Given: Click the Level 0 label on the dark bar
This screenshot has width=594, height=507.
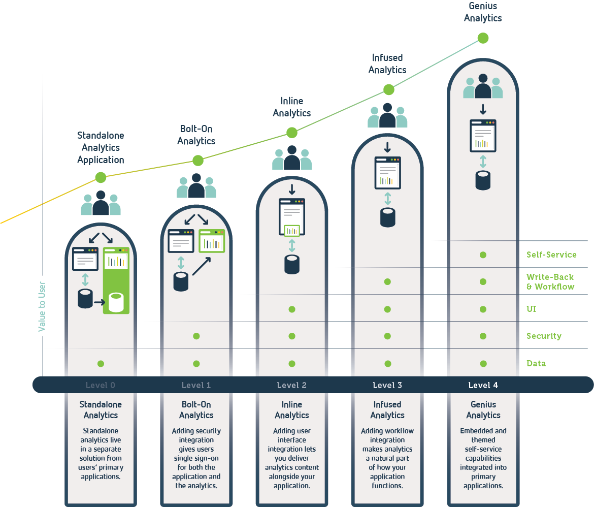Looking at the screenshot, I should tap(100, 385).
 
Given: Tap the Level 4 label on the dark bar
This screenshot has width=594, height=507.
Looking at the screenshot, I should tap(483, 385).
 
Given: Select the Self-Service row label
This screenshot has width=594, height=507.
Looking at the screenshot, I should tap(551, 255).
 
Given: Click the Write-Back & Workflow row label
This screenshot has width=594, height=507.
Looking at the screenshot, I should tap(550, 281).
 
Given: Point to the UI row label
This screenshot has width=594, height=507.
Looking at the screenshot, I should tap(532, 309).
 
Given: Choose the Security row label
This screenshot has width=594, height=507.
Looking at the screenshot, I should tap(544, 336).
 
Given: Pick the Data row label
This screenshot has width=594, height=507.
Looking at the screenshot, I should tap(536, 363).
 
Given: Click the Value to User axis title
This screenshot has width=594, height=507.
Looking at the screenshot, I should tap(42, 307).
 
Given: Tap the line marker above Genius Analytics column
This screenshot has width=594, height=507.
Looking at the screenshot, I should tap(483, 38).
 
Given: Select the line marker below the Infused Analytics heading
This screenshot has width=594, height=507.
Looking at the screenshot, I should tap(388, 90).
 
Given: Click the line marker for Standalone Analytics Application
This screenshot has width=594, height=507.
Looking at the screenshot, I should tap(101, 177).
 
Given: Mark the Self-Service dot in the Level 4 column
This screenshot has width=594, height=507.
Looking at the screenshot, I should tap(483, 255).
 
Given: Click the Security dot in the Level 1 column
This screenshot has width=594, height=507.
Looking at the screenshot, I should tap(196, 336).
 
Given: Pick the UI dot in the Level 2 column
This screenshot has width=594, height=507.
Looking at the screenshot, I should tap(292, 309).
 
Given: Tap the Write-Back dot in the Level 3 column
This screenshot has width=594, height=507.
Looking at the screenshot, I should tap(387, 281).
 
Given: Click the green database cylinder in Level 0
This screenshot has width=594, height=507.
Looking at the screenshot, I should tap(116, 302).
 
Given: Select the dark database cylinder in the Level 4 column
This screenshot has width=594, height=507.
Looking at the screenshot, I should tap(483, 180).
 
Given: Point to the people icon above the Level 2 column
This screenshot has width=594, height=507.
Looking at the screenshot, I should tap(292, 158).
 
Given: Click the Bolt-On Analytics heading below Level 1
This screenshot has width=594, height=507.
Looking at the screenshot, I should tap(196, 410).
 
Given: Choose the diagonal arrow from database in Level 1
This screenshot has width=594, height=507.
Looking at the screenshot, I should tap(202, 266).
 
